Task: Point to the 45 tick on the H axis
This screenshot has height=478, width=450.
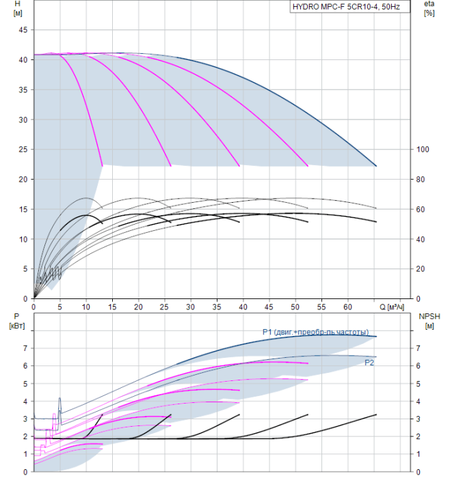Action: pos(22,30)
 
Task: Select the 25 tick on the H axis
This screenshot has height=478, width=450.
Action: pos(22,150)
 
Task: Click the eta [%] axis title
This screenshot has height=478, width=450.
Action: pos(429,9)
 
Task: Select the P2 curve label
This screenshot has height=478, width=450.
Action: pos(369,363)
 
